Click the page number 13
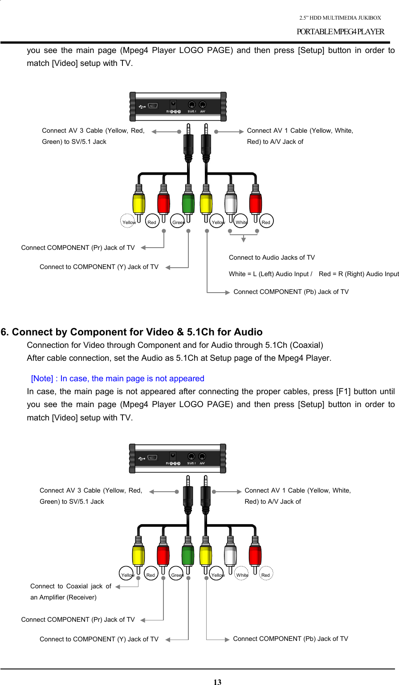[217, 681]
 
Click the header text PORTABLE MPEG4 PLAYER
[340, 32]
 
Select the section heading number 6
[5, 332]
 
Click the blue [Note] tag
[42, 379]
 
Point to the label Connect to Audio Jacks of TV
[272, 257]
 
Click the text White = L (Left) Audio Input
[270, 274]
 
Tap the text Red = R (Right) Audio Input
[358, 274]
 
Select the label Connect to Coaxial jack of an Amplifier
[71, 591]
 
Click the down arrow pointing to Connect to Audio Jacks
[243, 240]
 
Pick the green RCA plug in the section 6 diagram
[188, 554]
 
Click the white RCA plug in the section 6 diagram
[230, 554]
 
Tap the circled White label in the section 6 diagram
[242, 575]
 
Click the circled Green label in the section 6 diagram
[177, 575]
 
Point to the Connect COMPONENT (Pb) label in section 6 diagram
[290, 639]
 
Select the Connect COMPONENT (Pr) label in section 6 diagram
[78, 620]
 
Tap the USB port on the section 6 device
[152, 457]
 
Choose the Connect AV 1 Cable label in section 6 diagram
[297, 496]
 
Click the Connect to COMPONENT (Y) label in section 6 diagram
[99, 639]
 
